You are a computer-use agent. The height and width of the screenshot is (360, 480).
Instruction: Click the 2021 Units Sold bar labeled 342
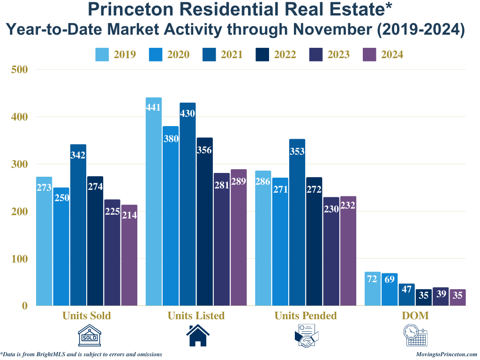click(x=78, y=225)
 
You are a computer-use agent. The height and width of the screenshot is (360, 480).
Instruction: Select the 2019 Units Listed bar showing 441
click(x=154, y=202)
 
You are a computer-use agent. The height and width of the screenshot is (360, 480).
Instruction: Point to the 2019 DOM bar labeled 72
click(x=372, y=289)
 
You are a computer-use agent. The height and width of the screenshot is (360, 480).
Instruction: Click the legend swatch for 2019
click(x=103, y=54)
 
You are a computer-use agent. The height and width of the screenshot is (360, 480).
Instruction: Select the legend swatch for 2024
click(x=370, y=54)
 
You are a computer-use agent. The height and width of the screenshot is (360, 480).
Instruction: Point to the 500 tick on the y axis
click(x=20, y=69)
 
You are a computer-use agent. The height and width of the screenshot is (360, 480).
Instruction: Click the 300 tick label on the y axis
click(x=20, y=164)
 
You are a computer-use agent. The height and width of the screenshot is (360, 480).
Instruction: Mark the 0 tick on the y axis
click(x=25, y=306)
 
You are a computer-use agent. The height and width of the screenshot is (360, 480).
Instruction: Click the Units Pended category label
click(x=306, y=315)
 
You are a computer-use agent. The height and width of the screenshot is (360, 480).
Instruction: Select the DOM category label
click(x=415, y=315)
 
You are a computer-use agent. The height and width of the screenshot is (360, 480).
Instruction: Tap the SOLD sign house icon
click(x=90, y=336)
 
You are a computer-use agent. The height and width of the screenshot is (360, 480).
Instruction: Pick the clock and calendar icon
click(x=415, y=336)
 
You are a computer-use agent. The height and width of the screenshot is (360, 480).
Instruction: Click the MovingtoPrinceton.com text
click(x=446, y=354)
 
